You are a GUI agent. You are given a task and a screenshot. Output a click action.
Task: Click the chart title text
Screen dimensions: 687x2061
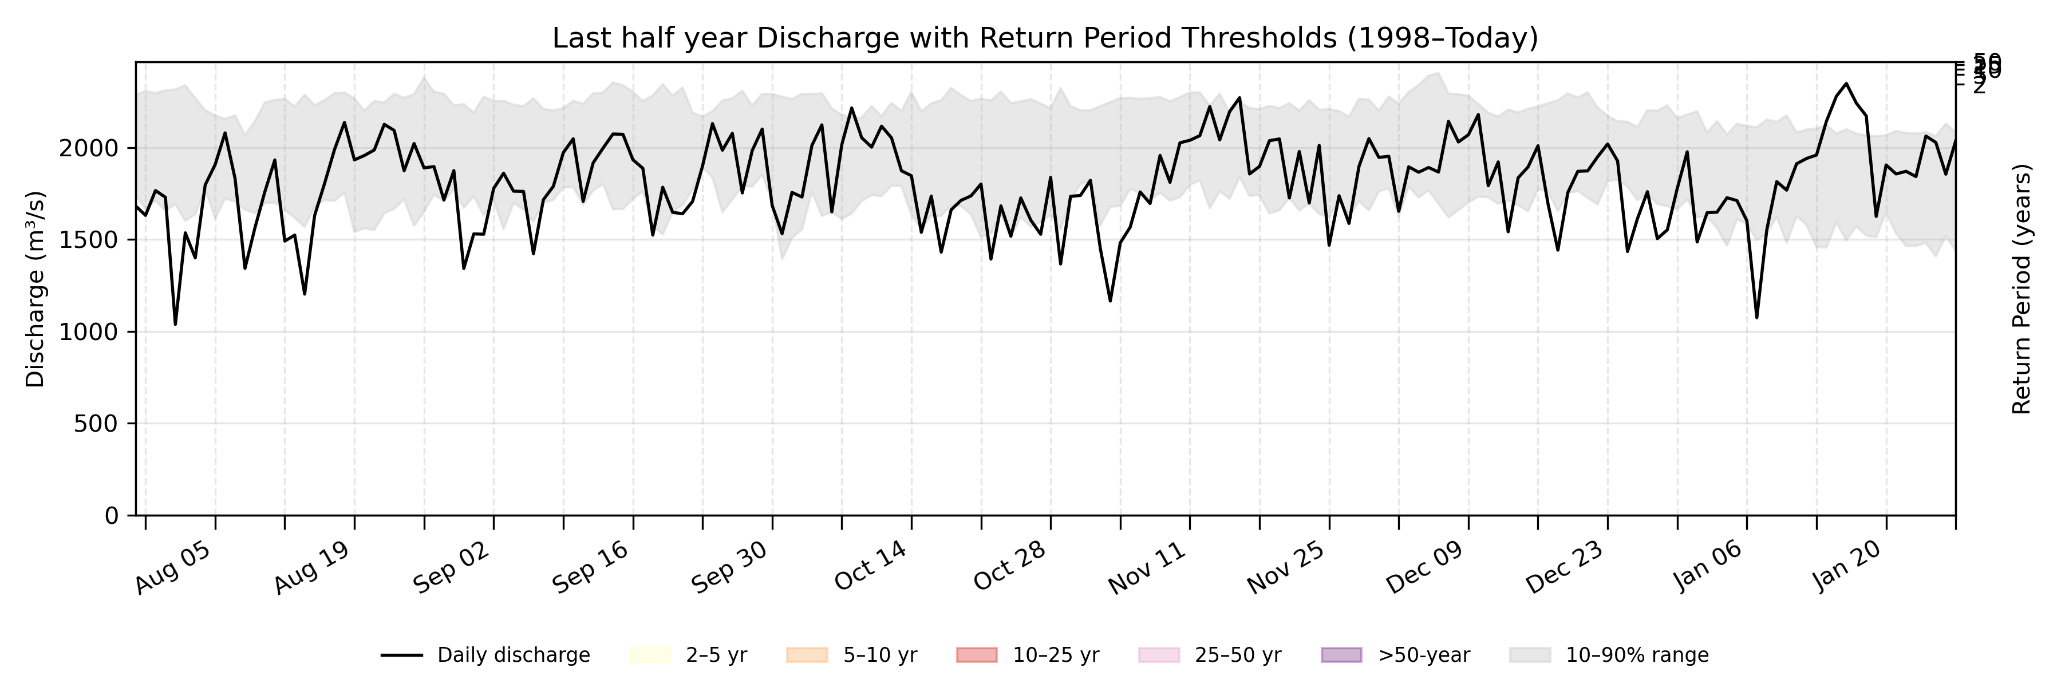pos(1045,38)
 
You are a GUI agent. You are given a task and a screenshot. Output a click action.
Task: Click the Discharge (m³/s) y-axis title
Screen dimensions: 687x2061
pos(35,289)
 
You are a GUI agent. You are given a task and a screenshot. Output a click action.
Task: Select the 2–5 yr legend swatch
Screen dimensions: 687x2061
pos(650,655)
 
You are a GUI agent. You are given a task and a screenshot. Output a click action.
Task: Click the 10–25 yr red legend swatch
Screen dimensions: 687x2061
pos(977,655)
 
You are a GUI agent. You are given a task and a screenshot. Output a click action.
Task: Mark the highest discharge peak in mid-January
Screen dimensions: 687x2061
pos(1846,83)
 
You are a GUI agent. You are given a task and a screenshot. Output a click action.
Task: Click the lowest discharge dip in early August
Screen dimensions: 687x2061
pos(175,324)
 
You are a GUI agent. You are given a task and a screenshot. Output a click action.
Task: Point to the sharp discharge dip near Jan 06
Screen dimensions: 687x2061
pos(1757,318)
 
